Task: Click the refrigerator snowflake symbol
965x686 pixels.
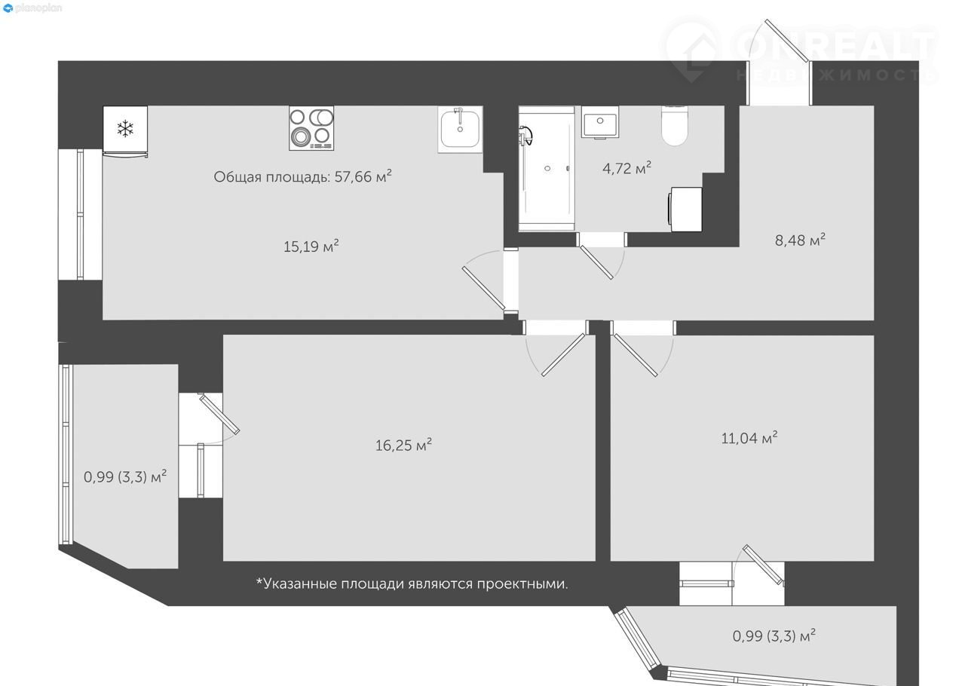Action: [x=125, y=128]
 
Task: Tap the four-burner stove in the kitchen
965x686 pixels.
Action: [x=311, y=128]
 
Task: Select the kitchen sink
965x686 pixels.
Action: [x=460, y=129]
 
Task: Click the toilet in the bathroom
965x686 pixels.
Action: [x=675, y=125]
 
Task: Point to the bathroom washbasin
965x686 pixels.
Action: [x=600, y=122]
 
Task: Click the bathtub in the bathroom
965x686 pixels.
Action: [x=547, y=169]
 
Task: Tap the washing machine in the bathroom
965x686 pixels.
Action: [x=685, y=209]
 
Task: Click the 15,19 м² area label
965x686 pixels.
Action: [x=311, y=246]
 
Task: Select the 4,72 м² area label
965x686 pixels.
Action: [x=626, y=167]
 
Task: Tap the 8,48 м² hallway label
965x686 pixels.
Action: [x=800, y=240]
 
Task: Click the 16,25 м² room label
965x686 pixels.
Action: [x=403, y=445]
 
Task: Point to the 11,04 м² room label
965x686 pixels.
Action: [x=749, y=438]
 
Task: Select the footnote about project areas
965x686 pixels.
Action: [x=412, y=584]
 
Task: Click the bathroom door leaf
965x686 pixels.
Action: [x=596, y=262]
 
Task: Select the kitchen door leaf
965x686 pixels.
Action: [x=483, y=288]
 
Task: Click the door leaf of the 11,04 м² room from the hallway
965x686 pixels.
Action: [x=636, y=355]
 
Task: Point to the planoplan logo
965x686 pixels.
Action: [x=32, y=8]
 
